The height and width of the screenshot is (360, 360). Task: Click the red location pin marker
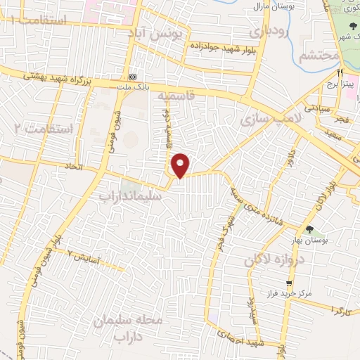181,165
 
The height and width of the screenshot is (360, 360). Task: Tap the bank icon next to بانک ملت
133,77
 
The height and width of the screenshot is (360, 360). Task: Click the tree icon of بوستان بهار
310,229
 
